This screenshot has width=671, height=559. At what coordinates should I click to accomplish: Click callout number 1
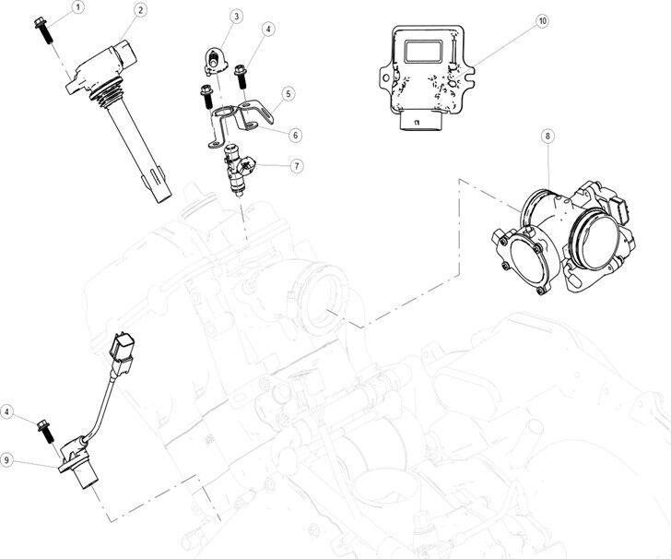[x=77, y=7]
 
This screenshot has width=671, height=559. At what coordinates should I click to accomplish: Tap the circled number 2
[x=139, y=10]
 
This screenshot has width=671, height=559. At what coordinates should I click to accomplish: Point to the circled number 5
[x=288, y=94]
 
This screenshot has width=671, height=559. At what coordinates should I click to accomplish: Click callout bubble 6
[x=295, y=135]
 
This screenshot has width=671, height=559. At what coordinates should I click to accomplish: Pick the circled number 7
[x=296, y=166]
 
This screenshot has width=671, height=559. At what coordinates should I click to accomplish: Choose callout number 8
[x=547, y=136]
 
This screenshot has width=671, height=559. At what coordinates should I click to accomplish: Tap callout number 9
[x=8, y=458]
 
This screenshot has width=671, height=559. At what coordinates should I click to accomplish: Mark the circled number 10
[x=542, y=20]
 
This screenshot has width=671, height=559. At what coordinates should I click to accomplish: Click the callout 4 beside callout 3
[x=269, y=30]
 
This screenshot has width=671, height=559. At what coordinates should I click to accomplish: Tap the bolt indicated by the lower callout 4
[x=41, y=430]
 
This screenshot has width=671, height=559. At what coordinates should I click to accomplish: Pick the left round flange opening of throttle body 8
[x=527, y=262]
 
